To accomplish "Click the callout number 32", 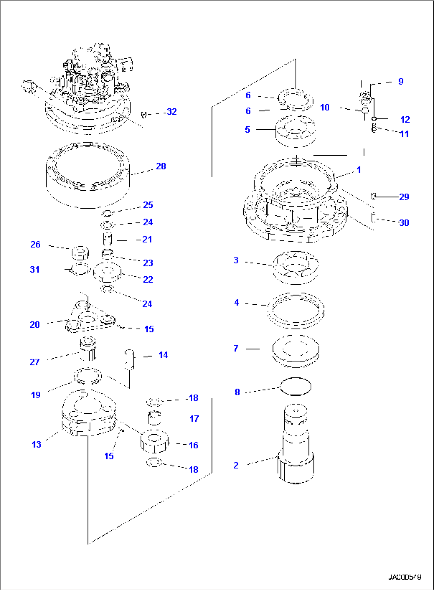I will [172, 112].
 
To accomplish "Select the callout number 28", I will [161, 166].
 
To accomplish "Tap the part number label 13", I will [36, 445].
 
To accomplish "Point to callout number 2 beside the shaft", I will [236, 465].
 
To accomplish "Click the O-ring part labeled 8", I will [295, 386].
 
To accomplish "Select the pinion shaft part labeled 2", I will [296, 446].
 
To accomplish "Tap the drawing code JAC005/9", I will [405, 577].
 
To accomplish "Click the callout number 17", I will [194, 419].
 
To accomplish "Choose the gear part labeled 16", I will [154, 442].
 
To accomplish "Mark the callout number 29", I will [404, 197].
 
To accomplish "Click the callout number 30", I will [404, 223].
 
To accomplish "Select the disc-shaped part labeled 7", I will [295, 350].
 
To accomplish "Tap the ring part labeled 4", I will [296, 311].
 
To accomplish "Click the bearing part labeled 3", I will [295, 267].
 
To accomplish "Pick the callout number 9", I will [401, 82].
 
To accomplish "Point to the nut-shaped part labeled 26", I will [80, 253].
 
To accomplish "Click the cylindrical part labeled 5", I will [295, 131].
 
